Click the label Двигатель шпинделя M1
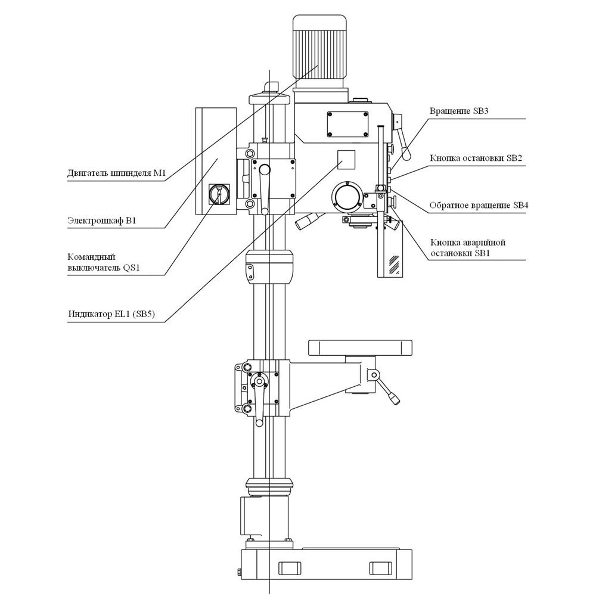point(117,173)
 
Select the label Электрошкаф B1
point(102,221)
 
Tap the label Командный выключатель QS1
point(104,262)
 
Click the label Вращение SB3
point(459,111)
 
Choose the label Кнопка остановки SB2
point(476,158)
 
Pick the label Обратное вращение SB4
point(479,205)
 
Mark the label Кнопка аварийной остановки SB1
point(468,248)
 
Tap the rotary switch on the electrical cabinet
point(219,194)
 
